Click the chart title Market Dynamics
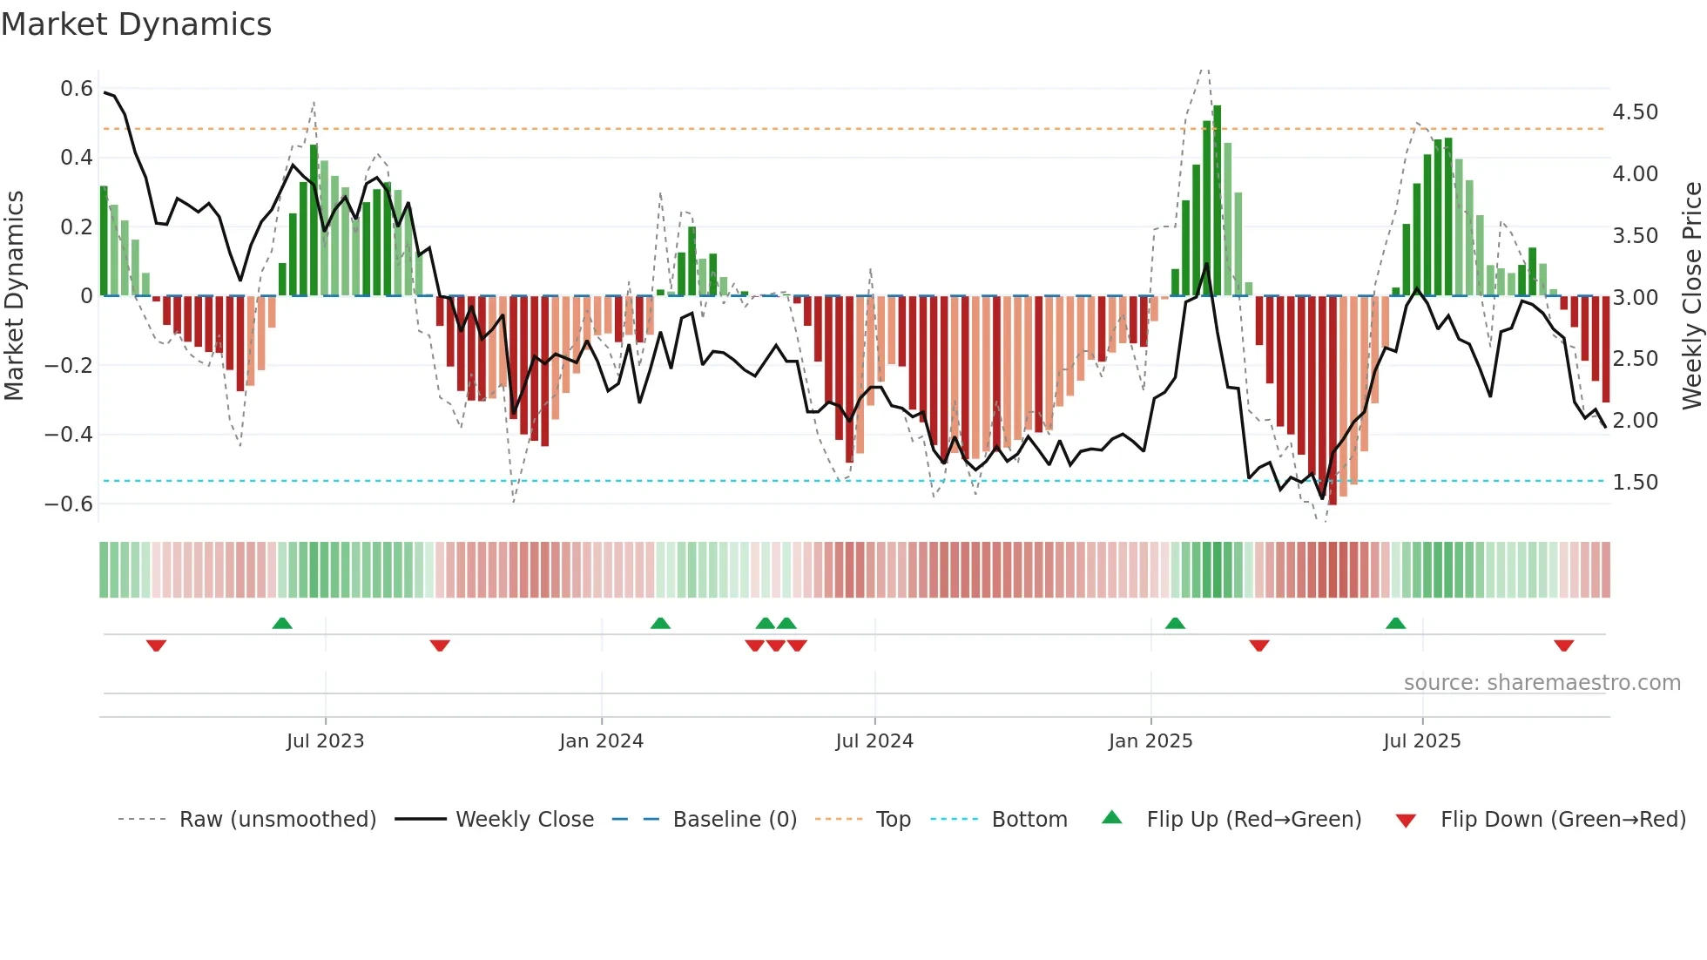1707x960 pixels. point(136,24)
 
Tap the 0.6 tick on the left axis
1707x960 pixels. point(77,89)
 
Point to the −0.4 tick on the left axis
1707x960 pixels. point(69,434)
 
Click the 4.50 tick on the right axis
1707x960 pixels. point(1635,112)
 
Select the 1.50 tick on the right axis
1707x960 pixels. point(1635,482)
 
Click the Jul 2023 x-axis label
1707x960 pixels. point(325,741)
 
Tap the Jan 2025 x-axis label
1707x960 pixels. point(1150,741)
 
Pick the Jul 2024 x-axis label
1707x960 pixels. point(874,741)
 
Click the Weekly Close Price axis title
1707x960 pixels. point(1691,295)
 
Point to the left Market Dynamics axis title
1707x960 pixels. point(14,295)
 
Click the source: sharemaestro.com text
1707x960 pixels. point(1542,683)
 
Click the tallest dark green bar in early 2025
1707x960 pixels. point(1217,200)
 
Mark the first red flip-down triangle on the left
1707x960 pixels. point(156,646)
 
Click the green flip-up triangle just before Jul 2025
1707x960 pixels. point(1395,623)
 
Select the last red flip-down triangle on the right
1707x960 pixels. point(1563,646)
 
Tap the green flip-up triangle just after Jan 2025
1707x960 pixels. point(1175,623)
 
